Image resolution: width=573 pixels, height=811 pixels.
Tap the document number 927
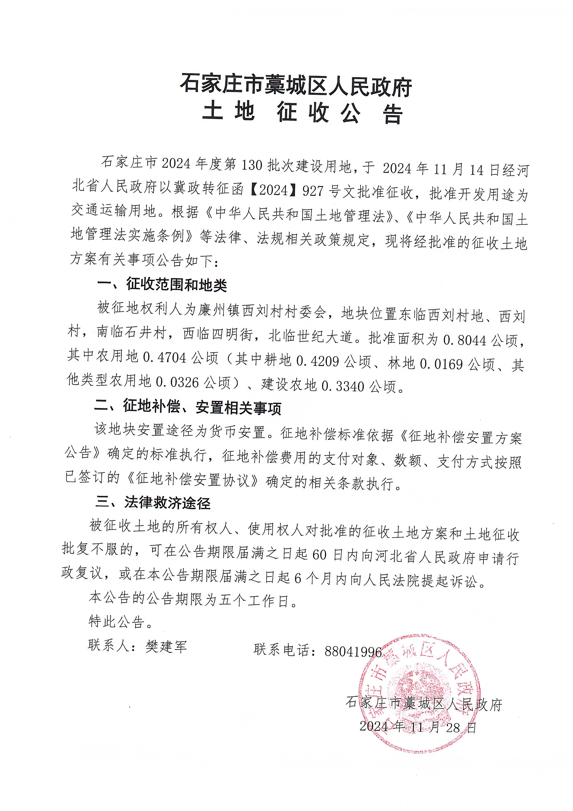click(313, 191)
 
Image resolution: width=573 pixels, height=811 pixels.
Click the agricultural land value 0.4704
click(164, 358)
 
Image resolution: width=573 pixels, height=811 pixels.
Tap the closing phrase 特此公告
click(120, 622)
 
